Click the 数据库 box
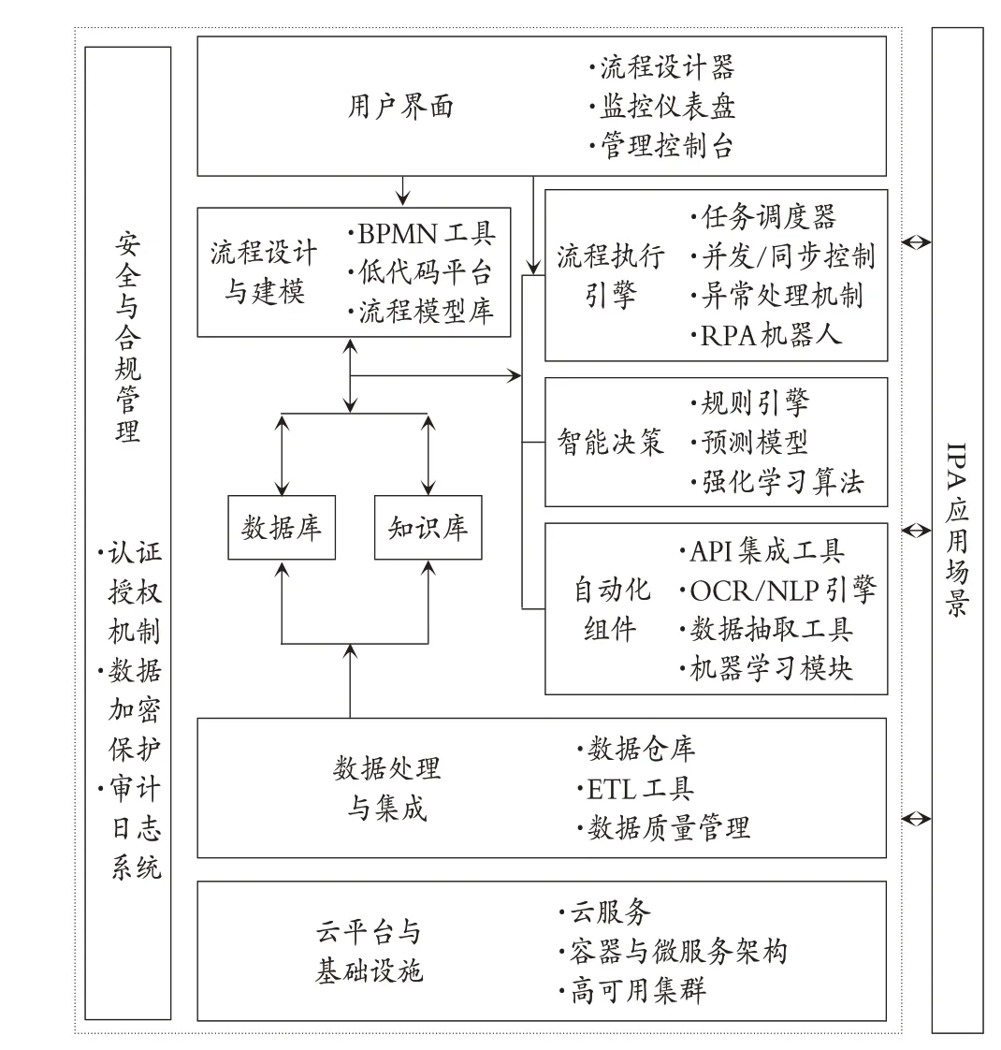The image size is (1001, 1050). pos(282,528)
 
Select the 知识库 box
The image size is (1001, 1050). pos(428,528)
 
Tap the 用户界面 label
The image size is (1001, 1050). pos(400,107)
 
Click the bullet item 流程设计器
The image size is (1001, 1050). pos(661,67)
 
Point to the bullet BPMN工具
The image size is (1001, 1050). pos(422,234)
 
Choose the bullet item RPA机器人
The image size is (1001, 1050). pos(765,335)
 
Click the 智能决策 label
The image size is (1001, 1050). pos(610,442)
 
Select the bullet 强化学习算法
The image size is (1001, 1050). pos(777,481)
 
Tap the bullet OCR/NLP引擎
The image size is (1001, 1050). pos(777,591)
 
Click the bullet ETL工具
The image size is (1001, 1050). pos(635,789)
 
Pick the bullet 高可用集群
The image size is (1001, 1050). pos(632,991)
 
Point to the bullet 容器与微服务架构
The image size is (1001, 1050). pos(673,952)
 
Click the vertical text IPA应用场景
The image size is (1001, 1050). pos(957,529)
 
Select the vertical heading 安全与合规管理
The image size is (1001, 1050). pos(127,337)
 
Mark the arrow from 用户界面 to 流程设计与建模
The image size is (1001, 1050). pos(402,191)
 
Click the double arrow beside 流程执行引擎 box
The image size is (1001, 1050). pos(916,241)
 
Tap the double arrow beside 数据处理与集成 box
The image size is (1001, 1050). pos(916,818)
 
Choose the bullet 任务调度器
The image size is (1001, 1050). pos(763,217)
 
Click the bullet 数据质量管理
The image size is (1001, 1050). pos(663,828)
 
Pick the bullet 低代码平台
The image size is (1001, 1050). pos(420,272)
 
